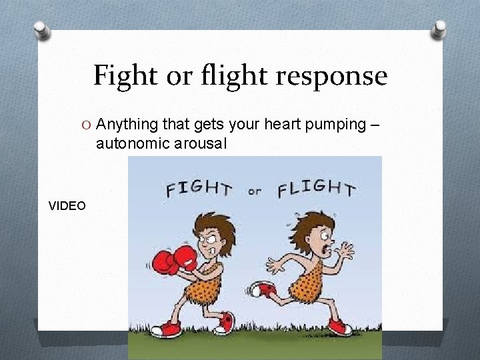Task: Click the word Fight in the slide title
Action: point(125,76)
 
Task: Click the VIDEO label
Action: point(67,206)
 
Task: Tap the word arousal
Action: point(202,143)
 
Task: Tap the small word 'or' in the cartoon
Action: point(254,192)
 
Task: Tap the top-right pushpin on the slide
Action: point(440,29)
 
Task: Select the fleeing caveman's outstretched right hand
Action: point(345,251)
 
